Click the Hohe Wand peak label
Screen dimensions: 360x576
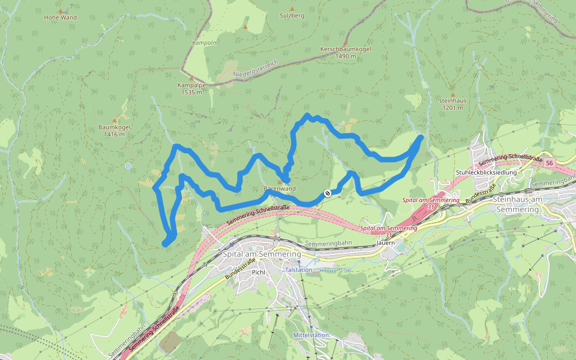pos(60,17)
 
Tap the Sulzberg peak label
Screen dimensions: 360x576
pos(292,16)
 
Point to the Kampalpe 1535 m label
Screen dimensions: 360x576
pos(192,89)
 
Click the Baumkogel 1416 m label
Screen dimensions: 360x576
pos(114,130)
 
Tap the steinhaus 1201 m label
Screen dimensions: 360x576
pos(453,104)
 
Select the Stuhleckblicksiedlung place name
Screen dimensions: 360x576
pos(486,172)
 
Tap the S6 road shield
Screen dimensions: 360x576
pos(550,162)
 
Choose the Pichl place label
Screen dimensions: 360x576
pos(259,272)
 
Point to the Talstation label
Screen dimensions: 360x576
pos(299,271)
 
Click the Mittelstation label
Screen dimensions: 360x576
pos(311,334)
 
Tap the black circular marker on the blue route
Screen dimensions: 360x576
pos(327,193)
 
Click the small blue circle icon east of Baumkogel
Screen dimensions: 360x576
pos(128,166)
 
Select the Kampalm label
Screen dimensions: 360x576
pos(204,44)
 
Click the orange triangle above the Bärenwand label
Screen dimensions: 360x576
pos(279,181)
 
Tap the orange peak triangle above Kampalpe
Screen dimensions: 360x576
pos(192,78)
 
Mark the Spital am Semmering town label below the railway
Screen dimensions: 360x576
pos(262,254)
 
